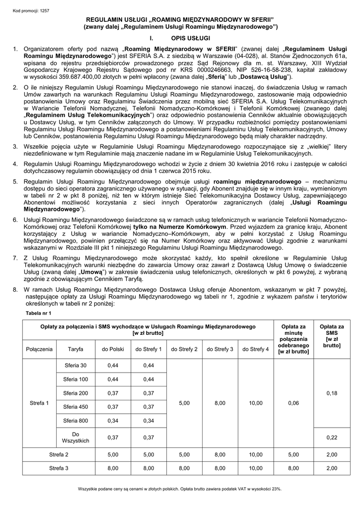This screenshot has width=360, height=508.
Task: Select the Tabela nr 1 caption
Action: (x=38, y=313)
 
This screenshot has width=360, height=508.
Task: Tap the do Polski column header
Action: (x=113, y=349)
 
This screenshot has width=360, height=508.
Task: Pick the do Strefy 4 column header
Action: (x=256, y=349)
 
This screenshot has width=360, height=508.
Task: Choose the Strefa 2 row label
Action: (x=59, y=454)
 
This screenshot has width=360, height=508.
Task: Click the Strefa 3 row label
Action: (x=59, y=468)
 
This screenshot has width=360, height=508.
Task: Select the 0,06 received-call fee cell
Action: (x=293, y=403)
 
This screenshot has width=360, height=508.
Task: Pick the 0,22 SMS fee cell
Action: (x=331, y=437)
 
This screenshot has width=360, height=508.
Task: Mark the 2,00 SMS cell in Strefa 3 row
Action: (x=331, y=468)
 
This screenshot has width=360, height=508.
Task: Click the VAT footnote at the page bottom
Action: (x=180, y=489)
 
